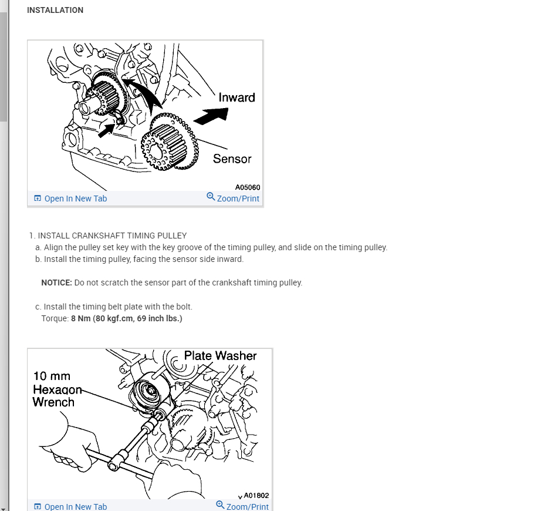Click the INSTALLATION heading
point(55,10)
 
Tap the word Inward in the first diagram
point(237,98)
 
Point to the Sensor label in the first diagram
point(232,159)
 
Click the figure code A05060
point(248,187)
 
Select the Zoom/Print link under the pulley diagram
point(238,199)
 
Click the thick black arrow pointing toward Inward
point(211,116)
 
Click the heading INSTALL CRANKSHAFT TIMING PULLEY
point(112,236)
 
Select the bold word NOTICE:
point(56,283)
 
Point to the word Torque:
point(55,318)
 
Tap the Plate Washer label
point(220,355)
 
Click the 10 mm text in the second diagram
point(52,376)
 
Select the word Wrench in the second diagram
point(53,402)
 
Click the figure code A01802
point(256,496)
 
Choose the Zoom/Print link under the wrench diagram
point(247,506)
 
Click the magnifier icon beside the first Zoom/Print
point(211,197)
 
